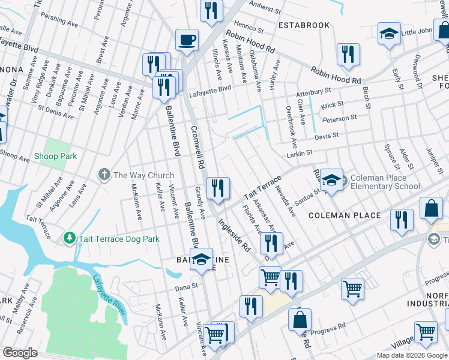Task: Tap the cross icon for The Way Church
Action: pos(104,175)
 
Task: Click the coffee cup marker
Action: pos(186,41)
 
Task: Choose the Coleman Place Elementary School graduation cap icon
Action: pos(331,181)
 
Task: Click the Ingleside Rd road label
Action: pos(234,234)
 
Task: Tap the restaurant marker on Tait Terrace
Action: pos(217,188)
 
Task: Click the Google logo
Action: pos(20,352)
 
